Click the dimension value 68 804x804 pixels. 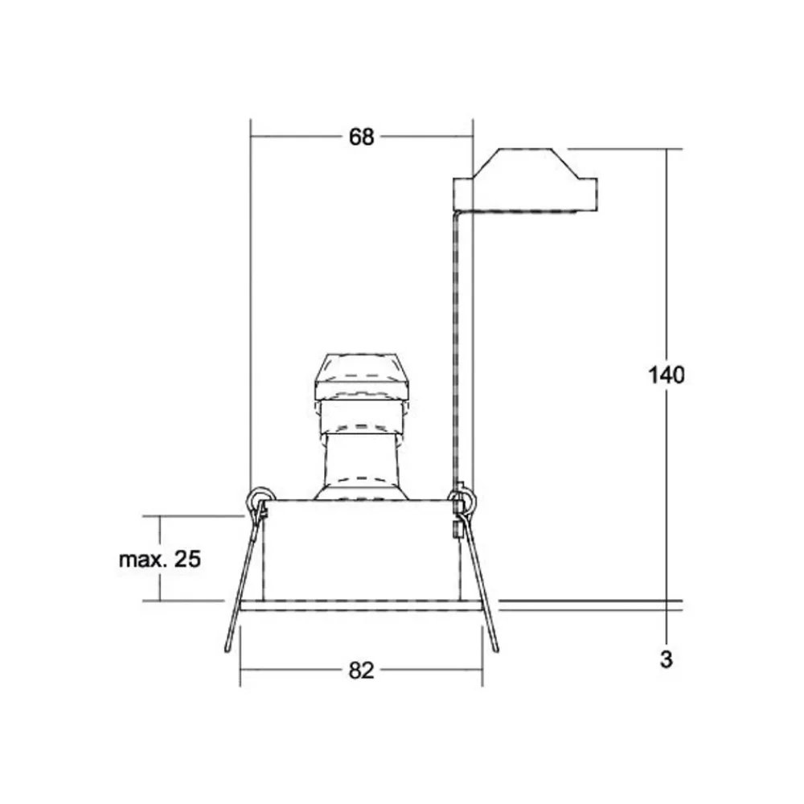coord(361,137)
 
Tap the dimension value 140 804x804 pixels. coord(667,375)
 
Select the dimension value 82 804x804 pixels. coord(362,671)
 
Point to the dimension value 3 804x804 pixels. coord(666,661)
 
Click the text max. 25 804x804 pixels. coord(159,560)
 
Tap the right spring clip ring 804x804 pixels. coord(464,500)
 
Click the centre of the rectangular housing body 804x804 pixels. coord(362,550)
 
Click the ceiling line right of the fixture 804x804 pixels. coord(587,602)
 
